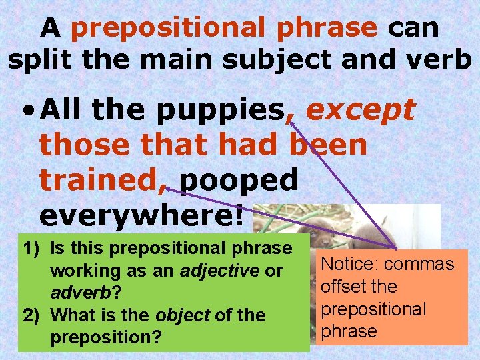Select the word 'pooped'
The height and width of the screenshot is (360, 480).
click(x=238, y=180)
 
